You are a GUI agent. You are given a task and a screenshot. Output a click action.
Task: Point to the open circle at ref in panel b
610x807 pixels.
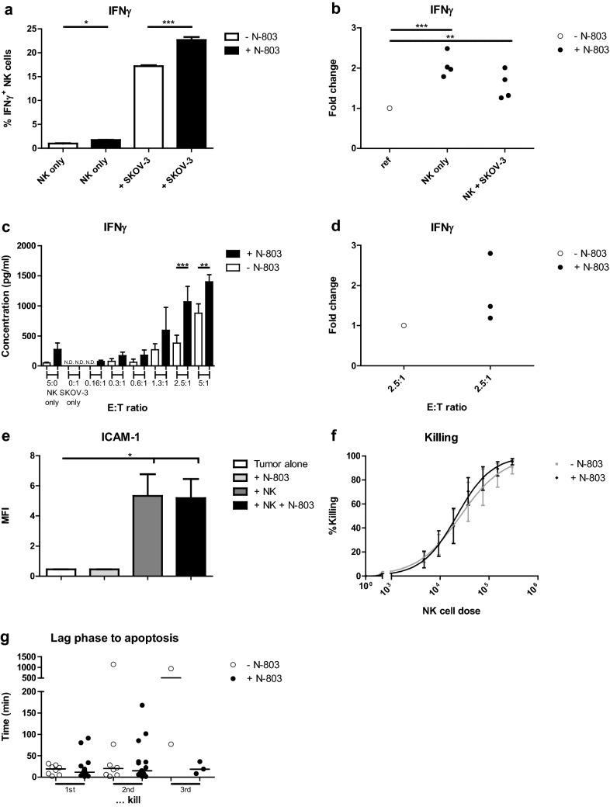[x=389, y=108]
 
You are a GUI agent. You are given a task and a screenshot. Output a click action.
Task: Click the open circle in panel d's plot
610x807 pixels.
[x=404, y=325]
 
